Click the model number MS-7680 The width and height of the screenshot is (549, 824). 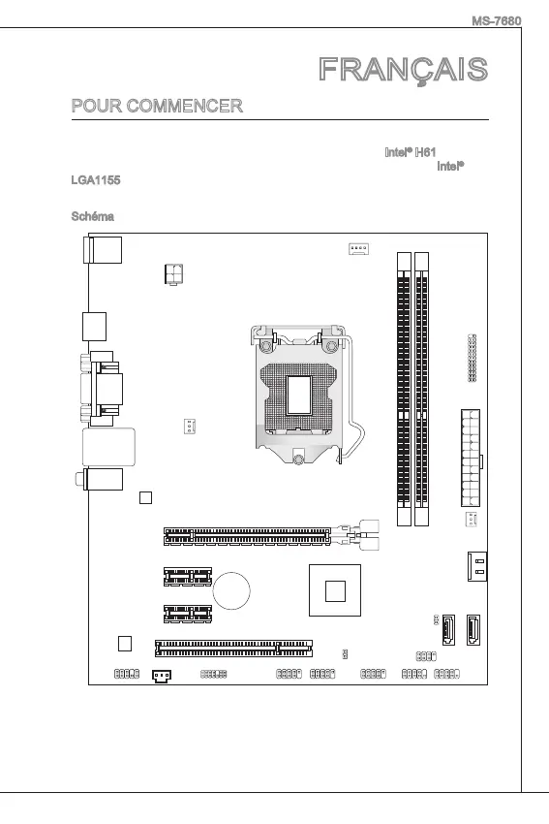click(496, 21)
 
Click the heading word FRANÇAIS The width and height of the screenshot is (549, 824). click(403, 70)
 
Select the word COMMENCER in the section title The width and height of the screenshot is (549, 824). click(184, 107)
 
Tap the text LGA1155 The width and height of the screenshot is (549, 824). click(96, 180)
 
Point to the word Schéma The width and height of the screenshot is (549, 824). click(92, 216)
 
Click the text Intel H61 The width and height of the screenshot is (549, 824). click(410, 152)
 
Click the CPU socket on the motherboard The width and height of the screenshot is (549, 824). click(300, 395)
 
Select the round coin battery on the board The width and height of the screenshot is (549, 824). click(231, 590)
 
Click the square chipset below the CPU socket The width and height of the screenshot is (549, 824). click(335, 590)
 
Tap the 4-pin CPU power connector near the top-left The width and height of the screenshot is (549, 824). click(173, 273)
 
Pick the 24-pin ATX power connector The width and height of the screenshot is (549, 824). click(471, 459)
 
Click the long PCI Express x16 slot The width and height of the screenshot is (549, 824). click(247, 536)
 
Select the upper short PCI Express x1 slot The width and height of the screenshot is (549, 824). click(188, 576)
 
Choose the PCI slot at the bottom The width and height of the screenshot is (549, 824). click(233, 648)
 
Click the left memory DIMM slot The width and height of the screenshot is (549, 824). click(404, 389)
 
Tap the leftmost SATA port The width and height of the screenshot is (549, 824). click(448, 629)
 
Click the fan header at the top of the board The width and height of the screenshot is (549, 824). click(358, 248)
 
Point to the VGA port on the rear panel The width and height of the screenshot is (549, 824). click(103, 389)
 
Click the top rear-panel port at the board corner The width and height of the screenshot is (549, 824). click(103, 249)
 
